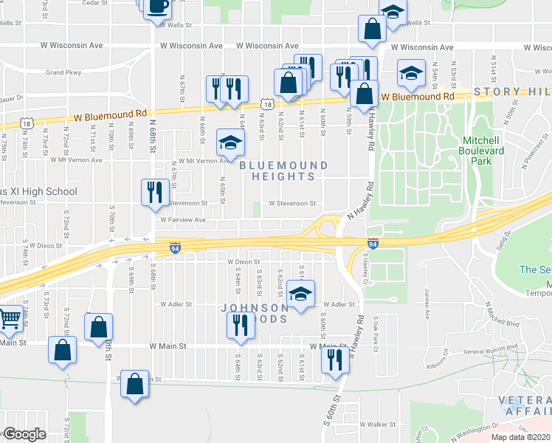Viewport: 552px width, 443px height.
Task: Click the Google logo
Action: coord(24,434)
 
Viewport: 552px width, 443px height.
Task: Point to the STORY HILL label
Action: coord(512,92)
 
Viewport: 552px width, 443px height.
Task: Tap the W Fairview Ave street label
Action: coord(179,219)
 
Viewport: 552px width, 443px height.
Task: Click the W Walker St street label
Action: coord(378,425)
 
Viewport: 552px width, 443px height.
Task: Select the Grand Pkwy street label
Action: coord(63,73)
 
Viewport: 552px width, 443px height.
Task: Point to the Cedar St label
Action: coord(94,3)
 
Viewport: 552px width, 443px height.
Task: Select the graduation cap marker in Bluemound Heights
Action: coord(230,142)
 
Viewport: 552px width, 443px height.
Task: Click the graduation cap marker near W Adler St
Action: coord(300,295)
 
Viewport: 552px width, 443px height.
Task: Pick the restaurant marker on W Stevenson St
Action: coord(152,192)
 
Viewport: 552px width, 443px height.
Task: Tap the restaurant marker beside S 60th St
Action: coord(335,360)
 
